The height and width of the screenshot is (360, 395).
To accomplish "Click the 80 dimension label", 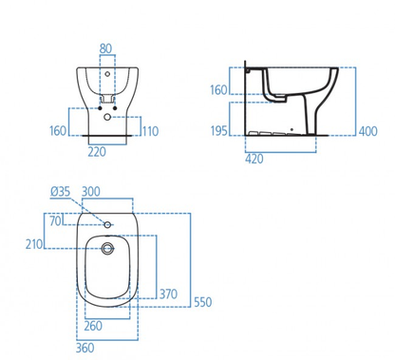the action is click(105, 48).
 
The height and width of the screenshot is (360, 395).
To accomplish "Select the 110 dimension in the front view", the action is click(150, 131).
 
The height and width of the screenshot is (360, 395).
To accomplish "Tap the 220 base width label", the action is click(97, 152).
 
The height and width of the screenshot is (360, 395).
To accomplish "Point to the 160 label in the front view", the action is click(58, 131).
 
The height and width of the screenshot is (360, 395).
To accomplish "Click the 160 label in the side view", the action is click(218, 90).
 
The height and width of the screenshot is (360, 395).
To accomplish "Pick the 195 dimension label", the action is click(219, 130).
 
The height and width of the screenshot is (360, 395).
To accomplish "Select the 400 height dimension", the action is click(368, 131).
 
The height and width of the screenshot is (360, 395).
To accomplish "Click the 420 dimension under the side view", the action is click(254, 159).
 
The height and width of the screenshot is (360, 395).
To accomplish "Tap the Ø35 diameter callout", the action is click(60, 192).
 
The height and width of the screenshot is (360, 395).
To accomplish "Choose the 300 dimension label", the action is click(91, 192).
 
